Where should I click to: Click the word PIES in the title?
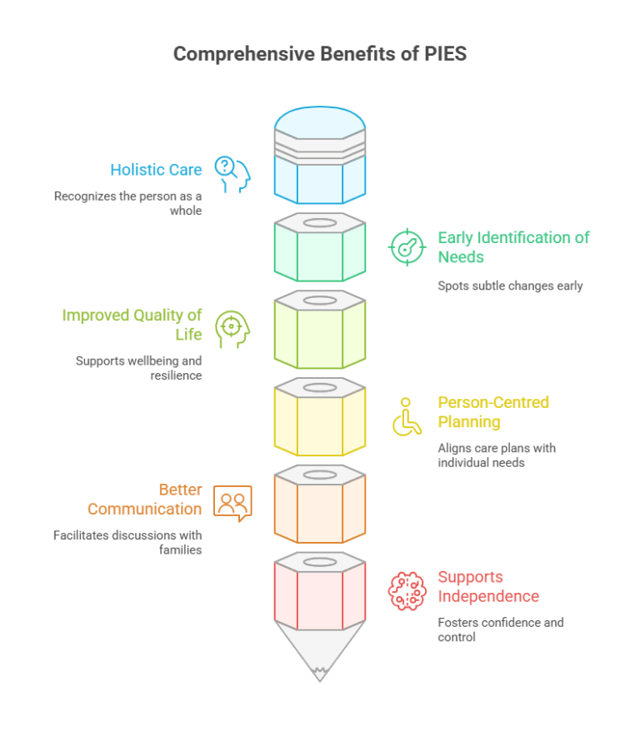[x=446, y=53]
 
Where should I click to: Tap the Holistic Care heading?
[x=156, y=170]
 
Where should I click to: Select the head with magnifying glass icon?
[x=232, y=174]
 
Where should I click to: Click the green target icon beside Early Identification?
[x=407, y=246]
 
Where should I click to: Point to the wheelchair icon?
[x=407, y=416]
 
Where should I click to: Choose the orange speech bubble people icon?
[x=232, y=504]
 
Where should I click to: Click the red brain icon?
[x=407, y=591]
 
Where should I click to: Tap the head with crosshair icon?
[x=232, y=330]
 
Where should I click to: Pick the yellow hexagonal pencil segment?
[x=320, y=416]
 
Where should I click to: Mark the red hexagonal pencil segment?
[x=320, y=591]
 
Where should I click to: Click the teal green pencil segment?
[x=320, y=246]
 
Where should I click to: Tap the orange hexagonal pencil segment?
[x=320, y=504]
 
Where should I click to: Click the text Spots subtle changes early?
[x=510, y=286]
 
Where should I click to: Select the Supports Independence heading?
[x=488, y=586]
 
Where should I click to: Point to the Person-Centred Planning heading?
[x=493, y=412]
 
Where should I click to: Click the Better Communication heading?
[x=145, y=499]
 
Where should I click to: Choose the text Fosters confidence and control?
[x=501, y=629]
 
